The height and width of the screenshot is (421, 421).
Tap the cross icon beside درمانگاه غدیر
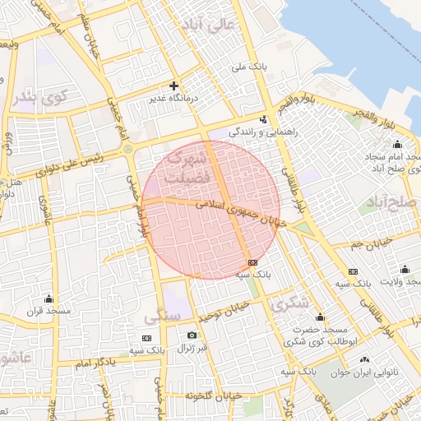[x=173, y=86]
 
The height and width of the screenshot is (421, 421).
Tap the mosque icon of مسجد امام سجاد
[x=398, y=145]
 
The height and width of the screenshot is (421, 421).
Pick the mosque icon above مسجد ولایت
[x=405, y=269]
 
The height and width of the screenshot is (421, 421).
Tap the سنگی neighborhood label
[x=156, y=315]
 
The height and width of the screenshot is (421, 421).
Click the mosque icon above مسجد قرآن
[x=49, y=298]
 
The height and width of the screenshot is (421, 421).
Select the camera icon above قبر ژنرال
[x=192, y=335]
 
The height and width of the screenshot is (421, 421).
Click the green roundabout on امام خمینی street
[x=128, y=149]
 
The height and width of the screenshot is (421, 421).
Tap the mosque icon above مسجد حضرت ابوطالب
[x=319, y=317]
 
